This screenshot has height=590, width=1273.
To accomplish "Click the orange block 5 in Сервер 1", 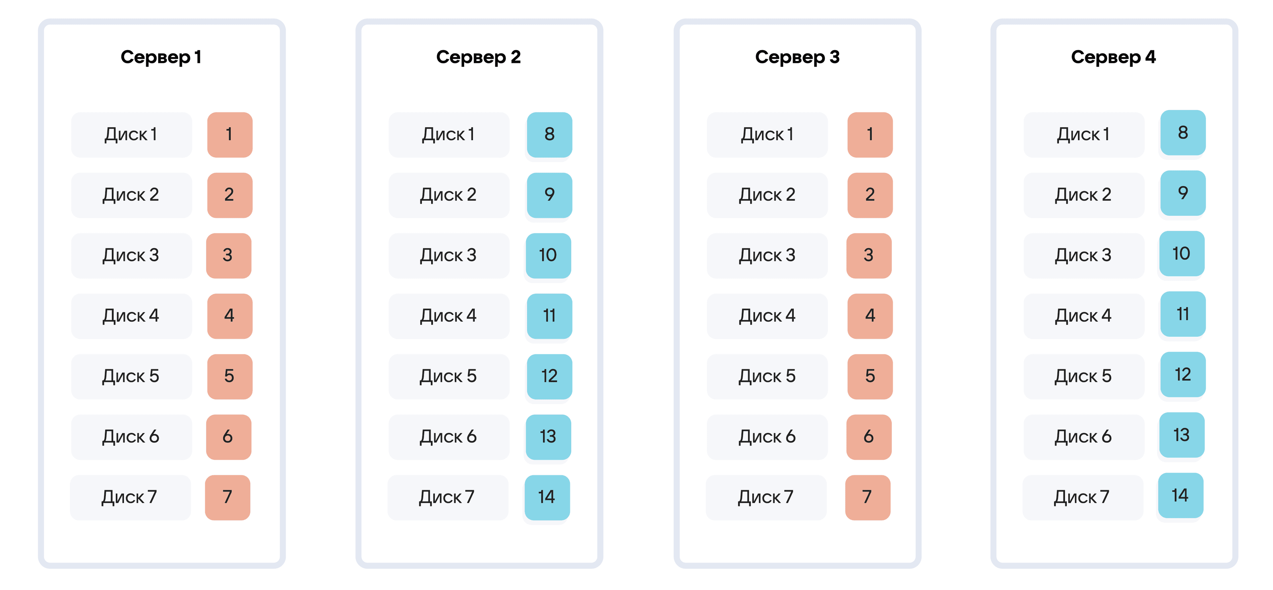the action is coord(230,377).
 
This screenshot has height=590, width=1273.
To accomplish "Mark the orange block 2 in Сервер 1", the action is coord(230,195).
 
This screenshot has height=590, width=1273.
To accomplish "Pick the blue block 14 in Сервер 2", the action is coord(547,498).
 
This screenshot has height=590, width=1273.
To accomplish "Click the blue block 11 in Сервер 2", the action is coord(550,316).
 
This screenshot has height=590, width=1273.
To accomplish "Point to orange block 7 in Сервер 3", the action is coord(868,498).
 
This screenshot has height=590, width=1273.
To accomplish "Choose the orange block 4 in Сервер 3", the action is coord(870,316).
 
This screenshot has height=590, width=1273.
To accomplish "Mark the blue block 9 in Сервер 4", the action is coord(1183,193).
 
